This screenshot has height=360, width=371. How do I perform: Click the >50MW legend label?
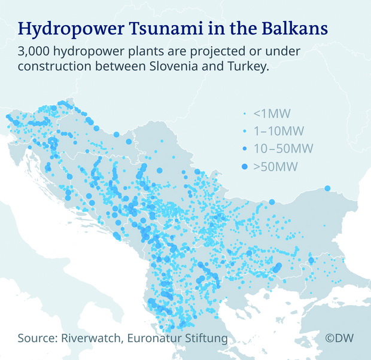pyautogui.click(x=275, y=166)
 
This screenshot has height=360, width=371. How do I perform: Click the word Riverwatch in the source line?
pyautogui.click(x=91, y=338)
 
